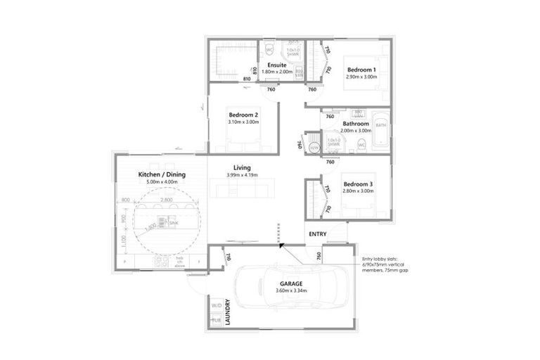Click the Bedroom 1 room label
click(x=361, y=70)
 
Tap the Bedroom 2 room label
click(x=243, y=115)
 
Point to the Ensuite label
click(x=276, y=65)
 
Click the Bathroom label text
click(x=355, y=124)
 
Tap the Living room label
click(x=242, y=167)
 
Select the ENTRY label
click(x=317, y=234)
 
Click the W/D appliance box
click(x=215, y=307)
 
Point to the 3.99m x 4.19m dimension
click(x=242, y=175)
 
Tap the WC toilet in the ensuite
click(x=269, y=51)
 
